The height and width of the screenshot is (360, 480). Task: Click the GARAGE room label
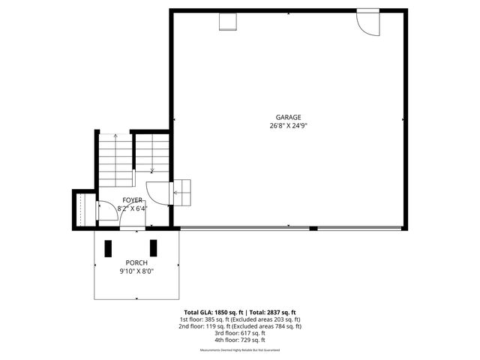288,117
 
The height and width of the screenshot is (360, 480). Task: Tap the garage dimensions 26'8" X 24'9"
288,126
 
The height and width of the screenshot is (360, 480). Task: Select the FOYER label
133,200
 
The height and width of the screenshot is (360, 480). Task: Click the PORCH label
136,262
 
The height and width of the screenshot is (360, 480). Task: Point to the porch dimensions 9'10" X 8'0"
136,271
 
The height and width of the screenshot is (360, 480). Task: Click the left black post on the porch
107,248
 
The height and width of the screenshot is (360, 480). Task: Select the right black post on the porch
154,248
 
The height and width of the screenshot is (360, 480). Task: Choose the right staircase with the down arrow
153,154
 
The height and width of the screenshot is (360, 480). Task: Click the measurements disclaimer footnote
240,350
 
